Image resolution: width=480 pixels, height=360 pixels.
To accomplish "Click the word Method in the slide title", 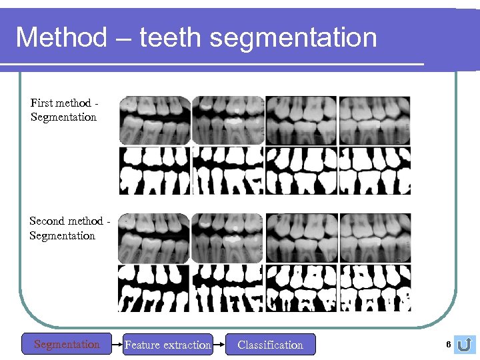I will coord(61,37).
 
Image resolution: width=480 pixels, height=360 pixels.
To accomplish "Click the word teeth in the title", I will coord(171,37).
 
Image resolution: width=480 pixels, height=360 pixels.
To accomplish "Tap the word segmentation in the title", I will coord(293,37).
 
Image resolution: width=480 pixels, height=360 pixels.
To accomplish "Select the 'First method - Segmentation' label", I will coord(64,110).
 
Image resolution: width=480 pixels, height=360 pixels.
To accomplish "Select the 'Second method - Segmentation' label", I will coord(65,228).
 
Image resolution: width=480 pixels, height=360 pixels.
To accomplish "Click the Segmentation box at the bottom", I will coord(67,345).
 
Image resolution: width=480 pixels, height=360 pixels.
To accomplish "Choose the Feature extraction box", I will coord(168,345).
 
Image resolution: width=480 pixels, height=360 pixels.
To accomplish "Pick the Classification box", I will coord(270,345).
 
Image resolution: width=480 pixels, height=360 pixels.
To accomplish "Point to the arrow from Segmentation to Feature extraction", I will coord(117,345).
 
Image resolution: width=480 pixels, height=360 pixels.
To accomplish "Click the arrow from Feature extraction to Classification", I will coord(219,345).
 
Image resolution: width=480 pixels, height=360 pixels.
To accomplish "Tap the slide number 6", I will coord(449,343).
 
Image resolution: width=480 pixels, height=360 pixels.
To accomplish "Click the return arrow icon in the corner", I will coord(465,344).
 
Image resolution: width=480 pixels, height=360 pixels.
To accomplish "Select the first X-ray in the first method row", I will coord(155,120).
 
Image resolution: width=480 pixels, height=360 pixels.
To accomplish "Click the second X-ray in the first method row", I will coord(228,120).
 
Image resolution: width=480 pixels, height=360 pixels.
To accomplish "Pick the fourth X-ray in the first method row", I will coord(375,120).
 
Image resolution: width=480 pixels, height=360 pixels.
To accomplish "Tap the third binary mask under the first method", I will coord(301,171).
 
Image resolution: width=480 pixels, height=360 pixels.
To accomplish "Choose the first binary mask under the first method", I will coord(155,171).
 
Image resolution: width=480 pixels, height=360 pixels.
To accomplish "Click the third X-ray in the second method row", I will coord(301,238).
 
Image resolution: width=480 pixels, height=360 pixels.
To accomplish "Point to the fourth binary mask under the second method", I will coord(375,288).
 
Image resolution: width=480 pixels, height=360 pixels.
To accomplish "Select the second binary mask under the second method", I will coord(228,288).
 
